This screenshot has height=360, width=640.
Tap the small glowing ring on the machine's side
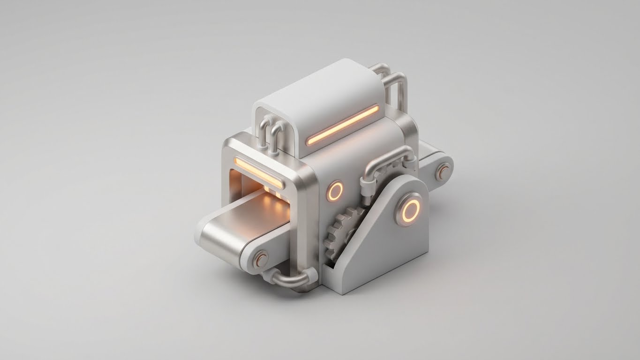(x=335, y=191)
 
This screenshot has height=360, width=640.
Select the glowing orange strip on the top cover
(x=343, y=125)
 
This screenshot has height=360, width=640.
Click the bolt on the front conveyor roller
(x=261, y=259)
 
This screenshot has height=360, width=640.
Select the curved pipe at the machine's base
(x=291, y=280)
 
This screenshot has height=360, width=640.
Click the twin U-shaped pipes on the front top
(x=269, y=132)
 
